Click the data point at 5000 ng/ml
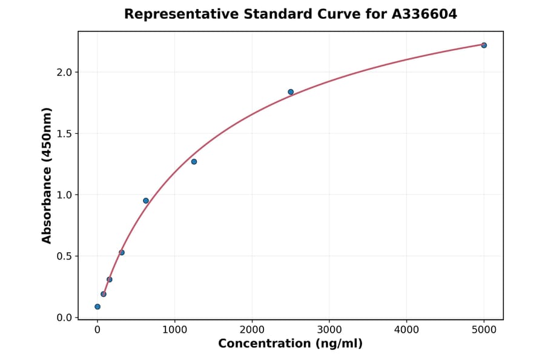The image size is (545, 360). point(484,45)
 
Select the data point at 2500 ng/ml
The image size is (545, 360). point(291,92)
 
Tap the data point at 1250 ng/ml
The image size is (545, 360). point(194,162)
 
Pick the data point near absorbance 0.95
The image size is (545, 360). point(146,201)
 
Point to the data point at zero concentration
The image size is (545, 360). point(97,307)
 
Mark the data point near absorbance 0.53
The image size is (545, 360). point(122,253)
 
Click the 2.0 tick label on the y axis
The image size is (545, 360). point(64,73)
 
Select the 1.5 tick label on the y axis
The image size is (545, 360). point(64,134)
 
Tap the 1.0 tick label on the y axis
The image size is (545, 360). point(64,195)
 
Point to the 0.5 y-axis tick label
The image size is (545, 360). point(64,256)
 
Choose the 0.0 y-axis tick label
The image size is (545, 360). point(64,318)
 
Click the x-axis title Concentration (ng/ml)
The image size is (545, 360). point(291,344)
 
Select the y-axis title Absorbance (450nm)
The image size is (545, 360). point(47,175)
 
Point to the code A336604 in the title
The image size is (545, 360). point(424,14)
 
